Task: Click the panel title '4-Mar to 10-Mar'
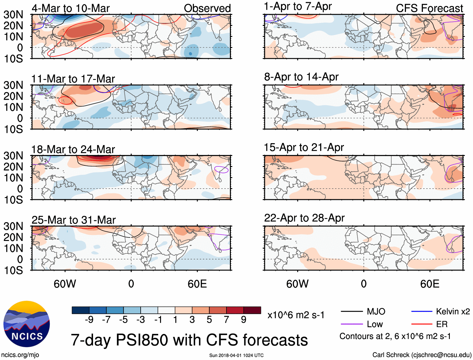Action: pyautogui.click(x=70, y=8)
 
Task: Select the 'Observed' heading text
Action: pyautogui.click(x=207, y=8)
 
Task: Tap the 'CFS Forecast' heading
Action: pyautogui.click(x=429, y=8)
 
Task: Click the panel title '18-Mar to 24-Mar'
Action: pyautogui.click(x=73, y=149)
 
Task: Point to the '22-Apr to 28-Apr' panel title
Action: pyautogui.click(x=304, y=218)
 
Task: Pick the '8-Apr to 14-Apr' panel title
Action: pyautogui.click(x=301, y=77)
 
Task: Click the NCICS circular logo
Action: pyautogui.click(x=27, y=324)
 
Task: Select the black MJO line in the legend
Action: pyautogui.click(x=351, y=311)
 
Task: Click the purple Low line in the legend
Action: pyautogui.click(x=351, y=324)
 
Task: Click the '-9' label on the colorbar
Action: pyautogui.click(x=89, y=320)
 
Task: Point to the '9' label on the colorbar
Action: pyautogui.click(x=243, y=320)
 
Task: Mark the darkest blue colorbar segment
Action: pyautogui.click(x=81, y=310)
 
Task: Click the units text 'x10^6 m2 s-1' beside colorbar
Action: pyautogui.click(x=296, y=315)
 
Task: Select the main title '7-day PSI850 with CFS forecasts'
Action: pyautogui.click(x=189, y=340)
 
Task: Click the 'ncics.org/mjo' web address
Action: pyautogui.click(x=20, y=355)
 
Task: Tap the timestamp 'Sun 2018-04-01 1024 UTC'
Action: pyautogui.click(x=236, y=355)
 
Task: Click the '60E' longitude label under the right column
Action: pyautogui.click(x=429, y=284)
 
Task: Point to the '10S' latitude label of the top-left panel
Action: pyautogui.click(x=13, y=59)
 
